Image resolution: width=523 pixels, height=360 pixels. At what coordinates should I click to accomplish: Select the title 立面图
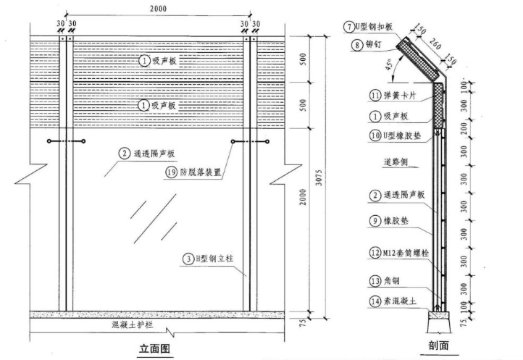pos(154,348)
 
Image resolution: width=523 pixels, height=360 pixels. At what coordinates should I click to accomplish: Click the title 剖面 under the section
pos(439,346)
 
